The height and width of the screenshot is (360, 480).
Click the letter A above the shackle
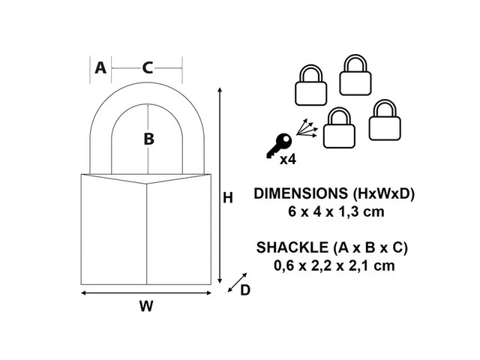tap(100, 67)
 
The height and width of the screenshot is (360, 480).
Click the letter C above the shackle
tap(148, 67)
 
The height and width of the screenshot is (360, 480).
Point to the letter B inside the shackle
tap(148, 139)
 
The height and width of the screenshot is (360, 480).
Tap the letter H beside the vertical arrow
tap(229, 198)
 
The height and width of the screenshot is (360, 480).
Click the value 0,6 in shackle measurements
tap(286, 265)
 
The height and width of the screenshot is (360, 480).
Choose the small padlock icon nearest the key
tap(339, 128)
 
